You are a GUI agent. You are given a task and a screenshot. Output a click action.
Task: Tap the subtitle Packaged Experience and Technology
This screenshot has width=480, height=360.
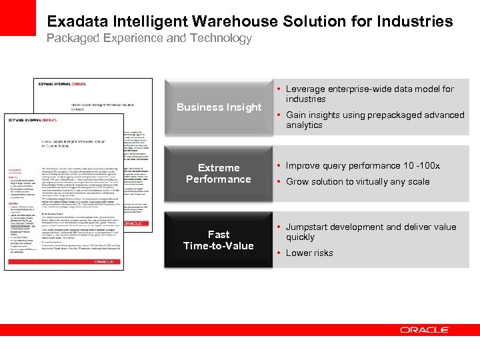149,38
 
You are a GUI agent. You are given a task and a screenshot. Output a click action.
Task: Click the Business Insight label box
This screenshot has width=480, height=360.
219,107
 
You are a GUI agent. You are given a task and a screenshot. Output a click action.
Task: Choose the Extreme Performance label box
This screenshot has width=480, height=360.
219,173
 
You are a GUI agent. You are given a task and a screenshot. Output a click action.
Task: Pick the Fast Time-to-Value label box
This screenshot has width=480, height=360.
219,240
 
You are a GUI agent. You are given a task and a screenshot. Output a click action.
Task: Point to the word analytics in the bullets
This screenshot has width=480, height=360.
304,125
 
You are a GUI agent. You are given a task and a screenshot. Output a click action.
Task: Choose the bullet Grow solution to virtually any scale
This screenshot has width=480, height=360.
358,181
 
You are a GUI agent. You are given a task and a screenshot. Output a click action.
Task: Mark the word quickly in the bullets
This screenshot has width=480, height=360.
301,237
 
